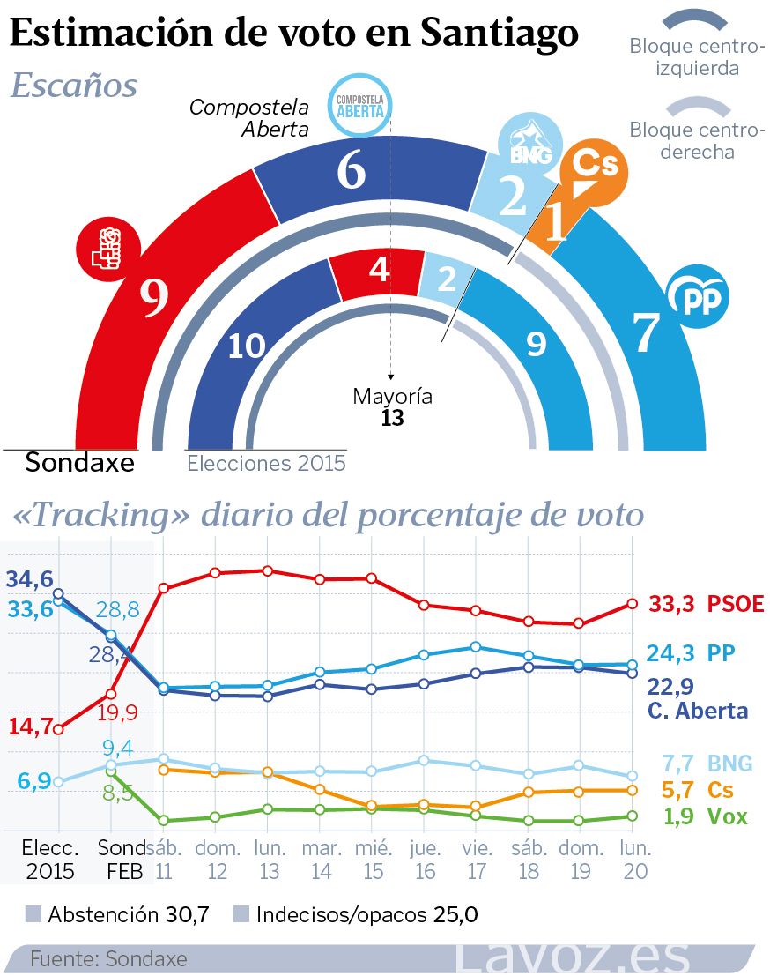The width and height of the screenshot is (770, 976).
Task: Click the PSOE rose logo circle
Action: click(x=107, y=248)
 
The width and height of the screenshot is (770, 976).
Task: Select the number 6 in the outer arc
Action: click(x=351, y=171)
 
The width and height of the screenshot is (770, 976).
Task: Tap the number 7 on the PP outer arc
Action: click(x=647, y=332)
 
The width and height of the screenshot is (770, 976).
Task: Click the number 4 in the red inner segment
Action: click(x=380, y=269)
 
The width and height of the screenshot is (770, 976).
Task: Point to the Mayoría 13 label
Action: click(x=392, y=406)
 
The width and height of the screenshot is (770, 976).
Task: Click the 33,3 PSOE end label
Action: click(x=706, y=604)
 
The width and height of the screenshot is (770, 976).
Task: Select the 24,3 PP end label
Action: click(x=691, y=653)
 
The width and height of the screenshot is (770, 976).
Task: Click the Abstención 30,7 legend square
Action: click(x=34, y=914)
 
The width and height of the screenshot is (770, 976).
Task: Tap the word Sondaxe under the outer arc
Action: click(x=79, y=462)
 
